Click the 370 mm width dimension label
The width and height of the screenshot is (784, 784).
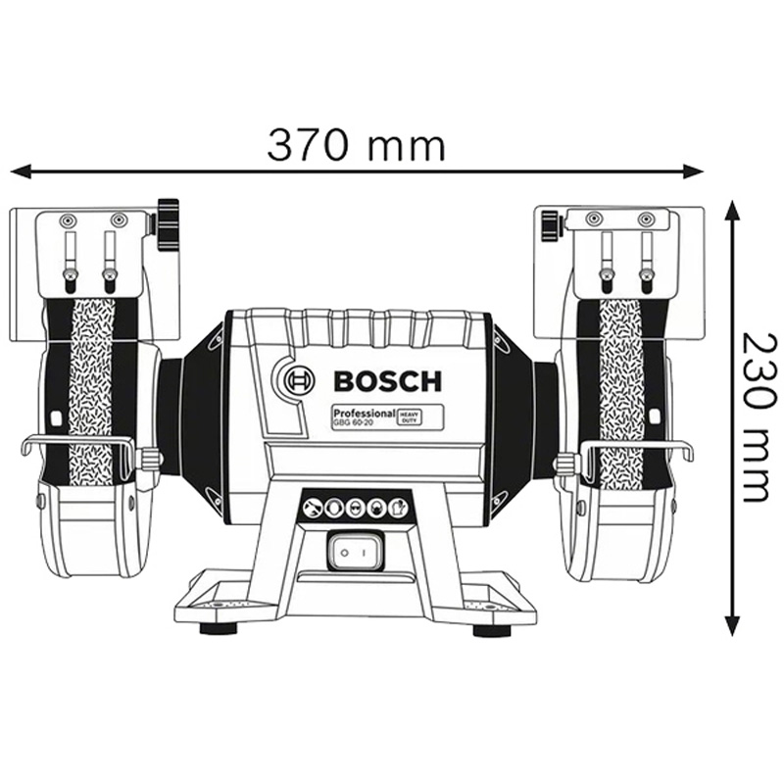pyautogui.click(x=356, y=144)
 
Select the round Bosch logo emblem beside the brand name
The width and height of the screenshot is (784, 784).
pyautogui.click(x=297, y=380)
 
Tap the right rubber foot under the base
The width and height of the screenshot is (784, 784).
pyautogui.click(x=491, y=628)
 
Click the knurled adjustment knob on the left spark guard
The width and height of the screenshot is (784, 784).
pyautogui.click(x=169, y=224)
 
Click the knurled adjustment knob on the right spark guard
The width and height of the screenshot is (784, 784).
pyautogui.click(x=549, y=222)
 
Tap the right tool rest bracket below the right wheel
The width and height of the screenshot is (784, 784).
pyautogui.click(x=637, y=449)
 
